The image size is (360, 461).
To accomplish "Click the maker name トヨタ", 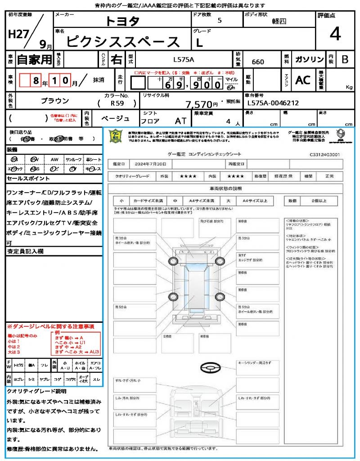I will click(x=122, y=21).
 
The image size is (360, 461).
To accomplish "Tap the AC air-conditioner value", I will click(x=303, y=80).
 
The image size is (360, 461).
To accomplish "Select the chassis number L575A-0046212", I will click(x=273, y=103).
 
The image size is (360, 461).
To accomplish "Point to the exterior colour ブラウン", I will click(x=55, y=101).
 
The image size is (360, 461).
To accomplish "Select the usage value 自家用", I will click(x=34, y=59).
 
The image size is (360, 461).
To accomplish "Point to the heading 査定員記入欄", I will click(x=25, y=251).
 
